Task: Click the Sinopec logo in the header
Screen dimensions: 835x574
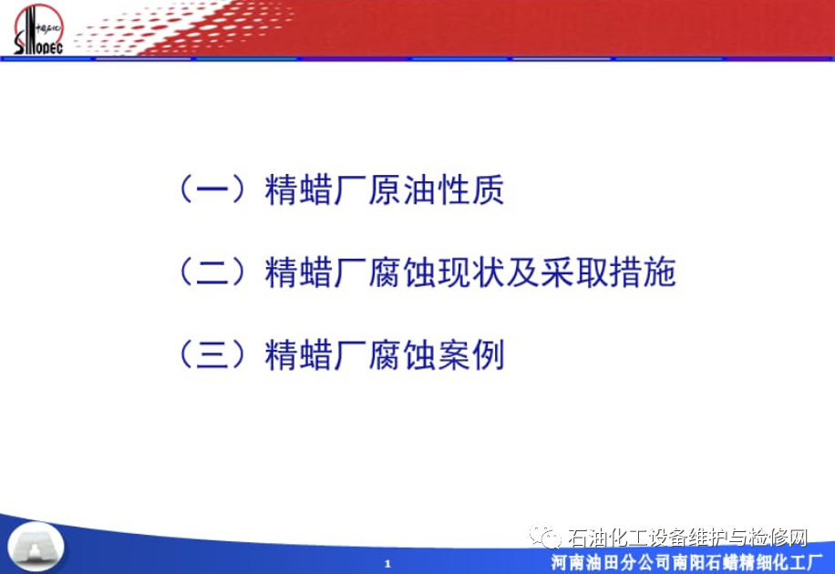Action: coord(38,29)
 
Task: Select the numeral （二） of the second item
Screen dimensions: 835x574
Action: coord(212,272)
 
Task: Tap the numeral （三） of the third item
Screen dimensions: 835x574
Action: coord(212,355)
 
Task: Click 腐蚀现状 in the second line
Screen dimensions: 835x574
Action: coord(436,272)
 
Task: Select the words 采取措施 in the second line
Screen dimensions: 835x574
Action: coord(608,272)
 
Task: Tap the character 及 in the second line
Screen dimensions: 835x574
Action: coord(522,272)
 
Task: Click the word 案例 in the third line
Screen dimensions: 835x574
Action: coord(470,355)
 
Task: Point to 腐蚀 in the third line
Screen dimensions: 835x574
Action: coord(402,355)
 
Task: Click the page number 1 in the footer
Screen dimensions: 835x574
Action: coord(387,563)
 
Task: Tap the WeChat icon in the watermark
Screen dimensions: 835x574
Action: coord(544,537)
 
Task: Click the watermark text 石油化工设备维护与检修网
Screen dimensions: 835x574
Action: coord(687,538)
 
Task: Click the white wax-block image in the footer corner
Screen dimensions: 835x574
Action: coord(36,547)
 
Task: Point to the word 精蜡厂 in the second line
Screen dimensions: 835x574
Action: coord(315,272)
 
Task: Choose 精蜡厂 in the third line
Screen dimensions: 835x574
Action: coord(315,355)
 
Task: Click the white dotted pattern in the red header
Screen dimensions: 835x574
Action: coord(186,26)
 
